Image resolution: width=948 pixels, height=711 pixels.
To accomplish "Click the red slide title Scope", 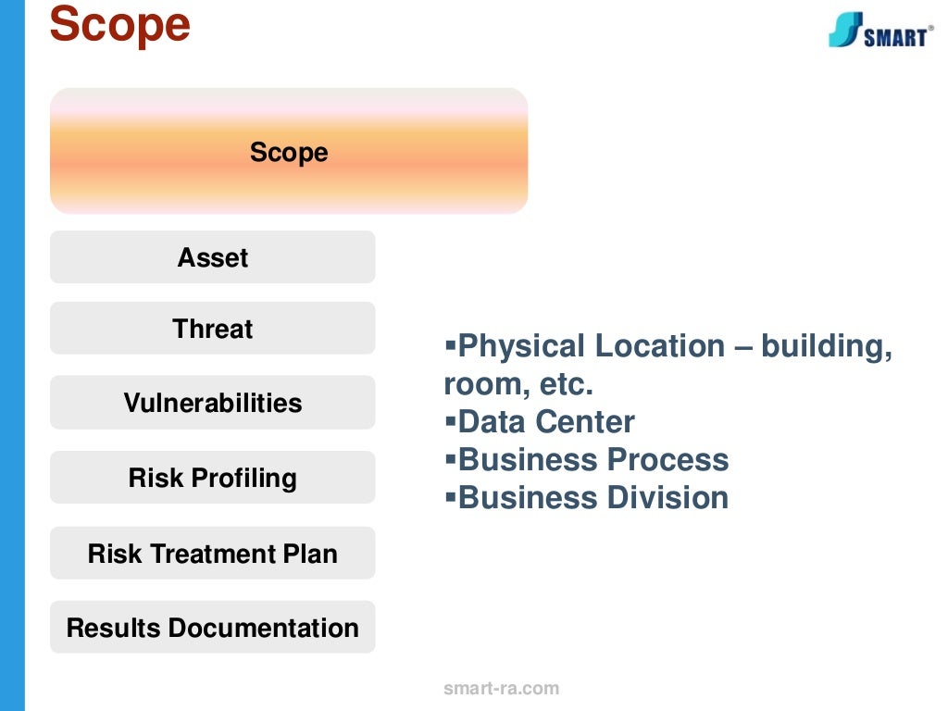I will [x=119, y=25].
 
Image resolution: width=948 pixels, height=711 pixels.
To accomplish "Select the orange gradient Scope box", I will [x=289, y=152].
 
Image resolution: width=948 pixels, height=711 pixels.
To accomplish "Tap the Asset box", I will [x=213, y=257].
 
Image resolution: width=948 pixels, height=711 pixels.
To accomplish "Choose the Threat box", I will [x=213, y=329].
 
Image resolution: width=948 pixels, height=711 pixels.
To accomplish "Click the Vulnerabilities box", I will [x=213, y=403].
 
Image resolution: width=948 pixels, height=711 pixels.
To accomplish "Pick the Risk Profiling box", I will [x=213, y=478].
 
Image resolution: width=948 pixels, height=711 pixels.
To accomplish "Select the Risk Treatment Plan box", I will [x=213, y=554].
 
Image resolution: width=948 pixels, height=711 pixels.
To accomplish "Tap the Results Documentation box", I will [x=213, y=628].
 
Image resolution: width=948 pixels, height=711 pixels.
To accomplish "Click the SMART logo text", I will [x=895, y=37].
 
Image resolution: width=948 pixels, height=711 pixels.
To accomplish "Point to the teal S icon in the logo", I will [x=845, y=30].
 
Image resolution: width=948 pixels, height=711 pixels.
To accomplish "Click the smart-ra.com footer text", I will [x=501, y=688].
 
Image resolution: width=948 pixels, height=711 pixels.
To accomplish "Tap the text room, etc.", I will [x=518, y=384].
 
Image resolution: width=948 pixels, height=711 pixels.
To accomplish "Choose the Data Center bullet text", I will [x=546, y=422].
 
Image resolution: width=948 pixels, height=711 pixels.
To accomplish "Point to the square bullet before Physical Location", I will [x=451, y=344].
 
